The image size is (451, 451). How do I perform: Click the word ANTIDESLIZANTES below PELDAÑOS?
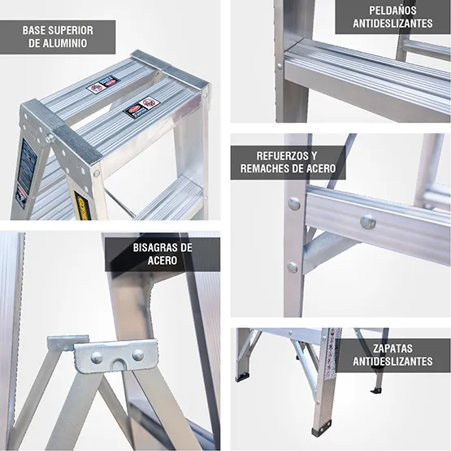pyautogui.click(x=392, y=24)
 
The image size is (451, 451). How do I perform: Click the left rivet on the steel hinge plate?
pyautogui.click(x=97, y=357)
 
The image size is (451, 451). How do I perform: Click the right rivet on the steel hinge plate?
pyautogui.click(x=137, y=355)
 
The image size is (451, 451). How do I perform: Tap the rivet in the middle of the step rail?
pyautogui.click(x=367, y=220)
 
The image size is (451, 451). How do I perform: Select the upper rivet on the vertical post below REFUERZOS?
pyautogui.click(x=293, y=204)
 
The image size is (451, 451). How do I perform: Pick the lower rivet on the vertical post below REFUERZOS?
pyautogui.click(x=293, y=267)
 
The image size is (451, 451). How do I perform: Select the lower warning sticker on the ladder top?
pyautogui.click(x=140, y=107)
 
